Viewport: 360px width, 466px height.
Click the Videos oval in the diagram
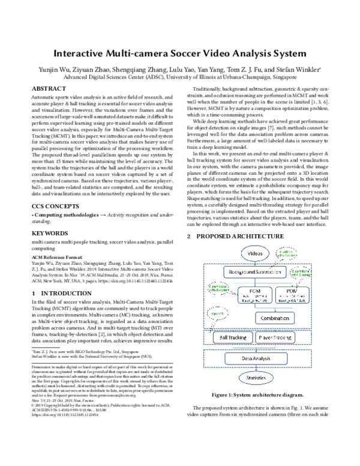259,254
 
